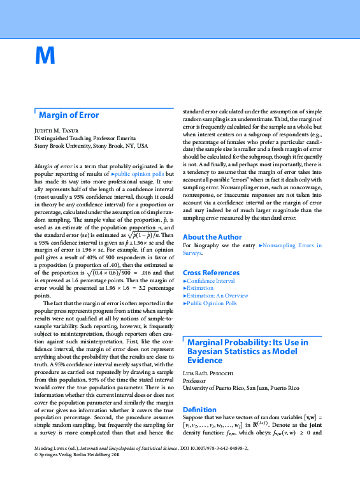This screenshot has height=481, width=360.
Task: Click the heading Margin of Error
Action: pos(69,115)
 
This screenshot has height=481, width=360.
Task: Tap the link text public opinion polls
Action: pos(139,173)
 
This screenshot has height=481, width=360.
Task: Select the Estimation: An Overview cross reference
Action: pos(217,296)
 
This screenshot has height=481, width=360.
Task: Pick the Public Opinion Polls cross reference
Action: pos(212,303)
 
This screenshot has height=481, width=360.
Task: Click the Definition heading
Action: pos(200,410)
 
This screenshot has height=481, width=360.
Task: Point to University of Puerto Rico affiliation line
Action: pos(241,387)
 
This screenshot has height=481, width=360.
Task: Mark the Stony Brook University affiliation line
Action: pos(90,145)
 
